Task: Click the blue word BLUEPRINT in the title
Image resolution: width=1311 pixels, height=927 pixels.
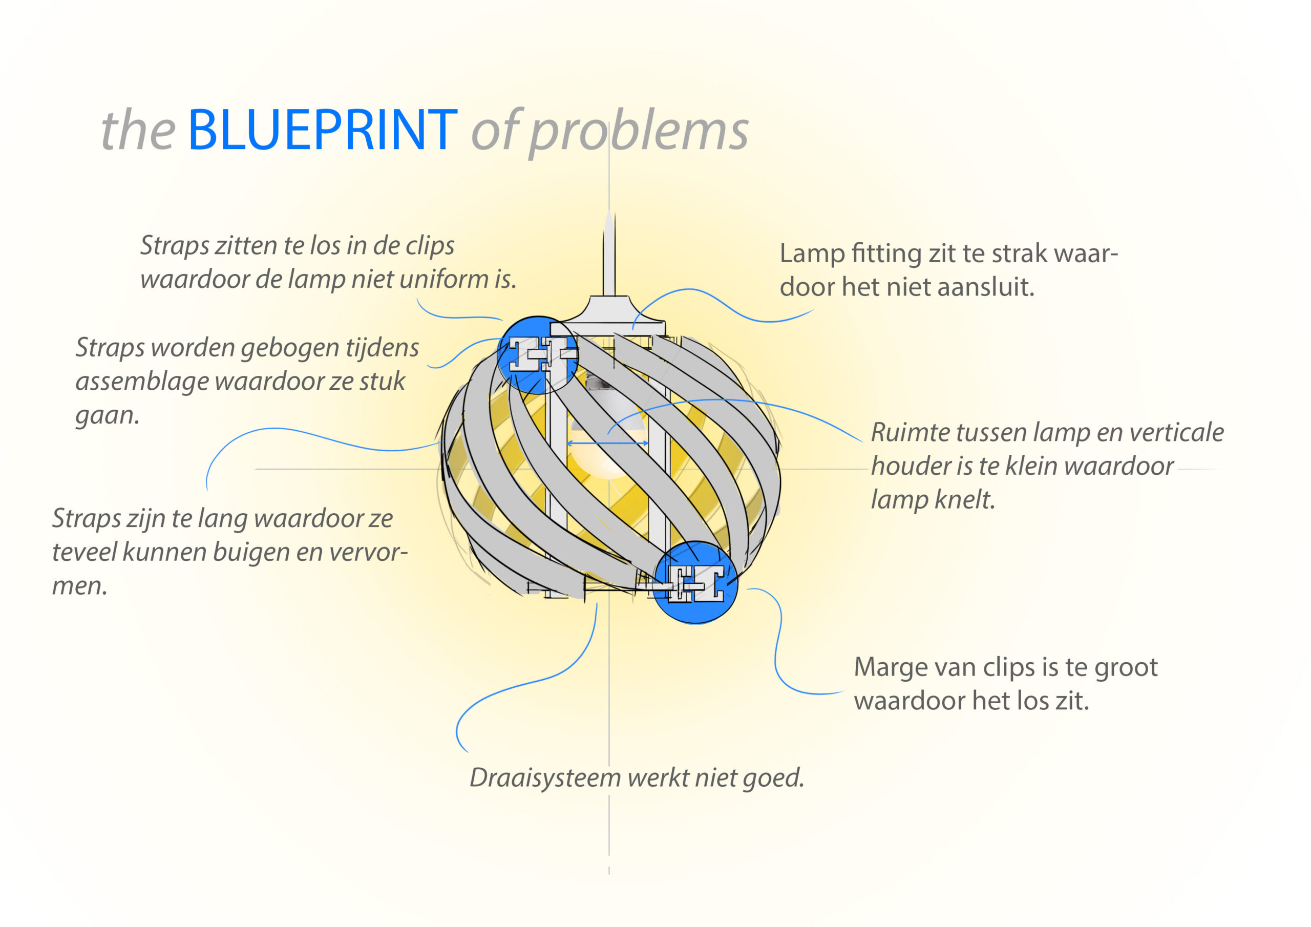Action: pos(322,131)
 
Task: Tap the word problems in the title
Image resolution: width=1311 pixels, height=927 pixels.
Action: pos(639,133)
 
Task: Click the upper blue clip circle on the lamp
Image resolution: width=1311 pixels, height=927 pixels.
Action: pos(537,355)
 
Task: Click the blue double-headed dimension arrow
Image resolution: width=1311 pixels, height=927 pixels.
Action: pos(607,443)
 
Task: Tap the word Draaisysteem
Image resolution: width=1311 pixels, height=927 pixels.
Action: pos(545,778)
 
